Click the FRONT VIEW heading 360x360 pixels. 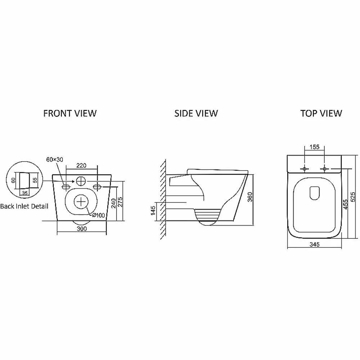pos(70,113)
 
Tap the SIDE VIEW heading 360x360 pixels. pos(196,113)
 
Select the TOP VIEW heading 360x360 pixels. pos(321,113)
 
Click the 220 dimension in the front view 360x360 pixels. pos(81,166)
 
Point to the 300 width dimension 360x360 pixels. pos(82,229)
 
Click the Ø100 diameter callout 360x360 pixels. pos(98,215)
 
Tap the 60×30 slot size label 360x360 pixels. pos(55,159)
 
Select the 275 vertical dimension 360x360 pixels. pos(120,202)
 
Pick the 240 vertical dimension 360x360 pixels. pos(113,203)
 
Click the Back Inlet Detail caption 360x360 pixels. pos(24,206)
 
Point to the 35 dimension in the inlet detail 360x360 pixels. pos(24,193)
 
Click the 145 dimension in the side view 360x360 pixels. pos(153,211)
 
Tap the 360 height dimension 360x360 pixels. pos(250,197)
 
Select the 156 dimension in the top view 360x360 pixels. pos(314,147)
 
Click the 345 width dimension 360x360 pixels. pos(314,244)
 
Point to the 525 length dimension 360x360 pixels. pos(353,197)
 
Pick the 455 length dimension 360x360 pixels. pos(346,204)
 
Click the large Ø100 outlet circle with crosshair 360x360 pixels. pos(81,202)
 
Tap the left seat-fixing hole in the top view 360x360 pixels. pos(305,169)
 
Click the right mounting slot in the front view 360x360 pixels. pos(97,187)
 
